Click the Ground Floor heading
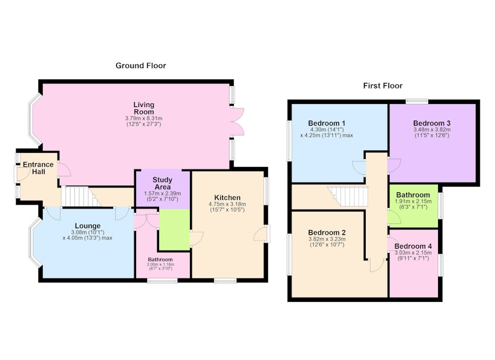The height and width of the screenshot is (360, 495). pyautogui.click(x=140, y=66)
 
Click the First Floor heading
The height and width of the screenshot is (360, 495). pyautogui.click(x=382, y=86)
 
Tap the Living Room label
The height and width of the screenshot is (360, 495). pyautogui.click(x=144, y=108)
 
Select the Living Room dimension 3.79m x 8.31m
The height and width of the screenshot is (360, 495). pyautogui.click(x=144, y=118)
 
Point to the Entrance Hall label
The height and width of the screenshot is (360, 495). pyautogui.click(x=38, y=168)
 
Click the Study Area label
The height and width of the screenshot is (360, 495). pyautogui.click(x=162, y=183)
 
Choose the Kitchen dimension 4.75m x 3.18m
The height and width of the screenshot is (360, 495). pyautogui.click(x=227, y=204)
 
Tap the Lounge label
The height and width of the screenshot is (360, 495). pyautogui.click(x=88, y=226)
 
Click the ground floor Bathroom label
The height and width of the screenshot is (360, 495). pyautogui.click(x=160, y=259)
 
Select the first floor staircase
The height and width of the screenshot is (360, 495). pyautogui.click(x=348, y=196)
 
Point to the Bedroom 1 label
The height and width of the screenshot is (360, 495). pyautogui.click(x=327, y=123)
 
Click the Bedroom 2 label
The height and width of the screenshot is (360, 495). pyautogui.click(x=327, y=233)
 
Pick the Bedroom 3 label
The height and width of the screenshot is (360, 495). pyautogui.click(x=432, y=123)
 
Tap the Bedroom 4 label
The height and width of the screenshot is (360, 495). pyautogui.click(x=413, y=246)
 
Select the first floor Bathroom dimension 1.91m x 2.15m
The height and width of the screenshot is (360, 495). pyautogui.click(x=413, y=201)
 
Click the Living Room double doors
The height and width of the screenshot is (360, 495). pyautogui.click(x=238, y=122)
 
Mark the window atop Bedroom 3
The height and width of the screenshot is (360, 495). pyautogui.click(x=416, y=101)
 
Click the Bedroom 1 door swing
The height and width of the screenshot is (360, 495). pyautogui.click(x=359, y=168)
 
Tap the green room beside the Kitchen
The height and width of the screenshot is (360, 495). pyautogui.click(x=174, y=229)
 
